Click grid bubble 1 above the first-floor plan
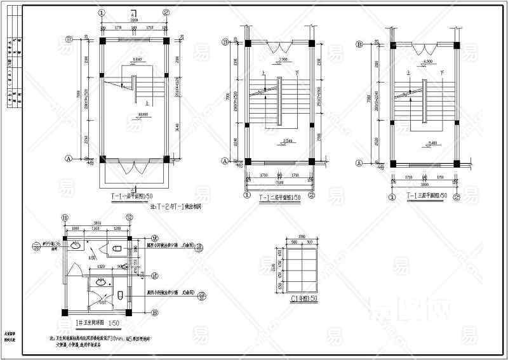(x=102, y=13)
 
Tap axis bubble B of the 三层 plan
(x=359, y=44)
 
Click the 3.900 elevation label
(x=284, y=60)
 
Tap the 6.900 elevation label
(x=427, y=61)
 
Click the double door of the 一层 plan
(x=135, y=168)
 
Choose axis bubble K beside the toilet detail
(x=154, y=276)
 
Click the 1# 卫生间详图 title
(x=97, y=323)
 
